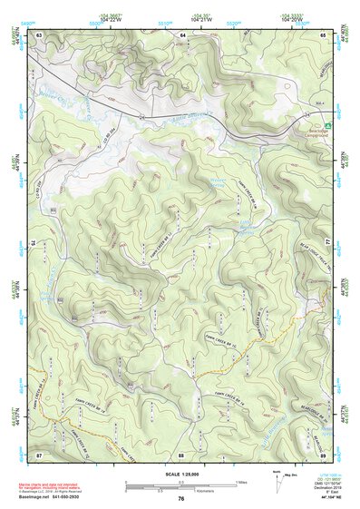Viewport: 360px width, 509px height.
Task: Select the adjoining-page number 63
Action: tap(39, 34)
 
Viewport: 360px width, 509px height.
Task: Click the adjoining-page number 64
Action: tap(181, 34)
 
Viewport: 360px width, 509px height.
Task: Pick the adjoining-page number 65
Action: tap(323, 34)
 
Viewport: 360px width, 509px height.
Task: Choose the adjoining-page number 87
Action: tap(39, 454)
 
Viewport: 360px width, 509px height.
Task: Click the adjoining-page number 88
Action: tap(181, 454)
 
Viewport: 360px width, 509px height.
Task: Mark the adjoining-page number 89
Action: tap(323, 454)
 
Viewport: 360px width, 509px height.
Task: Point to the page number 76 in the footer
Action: tap(180, 498)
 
